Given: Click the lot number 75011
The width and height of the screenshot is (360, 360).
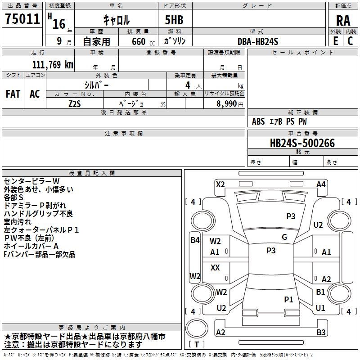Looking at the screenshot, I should tap(22, 19).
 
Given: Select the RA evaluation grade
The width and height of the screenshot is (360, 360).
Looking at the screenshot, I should tap(343, 20).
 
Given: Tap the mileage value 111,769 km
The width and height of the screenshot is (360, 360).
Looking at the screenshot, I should tap(53, 65).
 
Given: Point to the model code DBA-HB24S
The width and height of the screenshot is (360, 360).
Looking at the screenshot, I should tap(258, 41).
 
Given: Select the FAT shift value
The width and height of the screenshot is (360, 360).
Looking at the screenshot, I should tap(13, 94).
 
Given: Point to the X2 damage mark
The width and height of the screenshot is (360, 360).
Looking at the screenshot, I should tap(220, 184).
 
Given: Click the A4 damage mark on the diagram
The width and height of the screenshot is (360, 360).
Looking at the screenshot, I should tap(321, 184).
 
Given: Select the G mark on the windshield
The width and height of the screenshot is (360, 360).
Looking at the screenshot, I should tap(284, 237).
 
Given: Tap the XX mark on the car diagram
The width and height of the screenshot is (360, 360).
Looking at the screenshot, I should tap(215, 268).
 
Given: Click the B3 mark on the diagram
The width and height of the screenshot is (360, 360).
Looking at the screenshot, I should tap(321, 333).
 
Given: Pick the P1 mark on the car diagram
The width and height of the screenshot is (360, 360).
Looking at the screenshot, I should tap(288, 299).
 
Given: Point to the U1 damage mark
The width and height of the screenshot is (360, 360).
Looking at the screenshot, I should tap(320, 308).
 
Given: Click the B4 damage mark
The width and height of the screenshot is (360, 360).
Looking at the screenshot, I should tap(194, 240).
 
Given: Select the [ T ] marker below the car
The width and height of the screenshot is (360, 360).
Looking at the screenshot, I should tap(197, 344).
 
